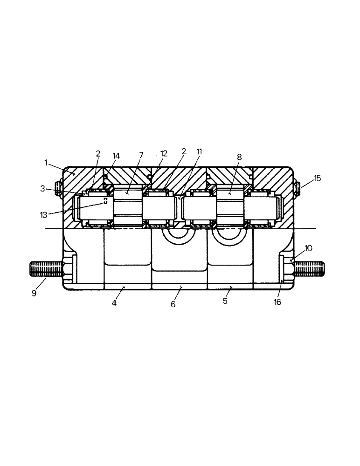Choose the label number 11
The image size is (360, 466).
pyautogui.click(x=200, y=151)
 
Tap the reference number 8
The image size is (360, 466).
pyautogui.click(x=239, y=158)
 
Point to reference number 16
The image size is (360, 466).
pyautogui.click(x=278, y=302)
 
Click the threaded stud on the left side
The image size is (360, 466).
pyautogui.click(x=45, y=269)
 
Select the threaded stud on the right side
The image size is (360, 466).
pyautogui.click(x=309, y=269)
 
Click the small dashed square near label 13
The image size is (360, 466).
pyautogui.click(x=106, y=201)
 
